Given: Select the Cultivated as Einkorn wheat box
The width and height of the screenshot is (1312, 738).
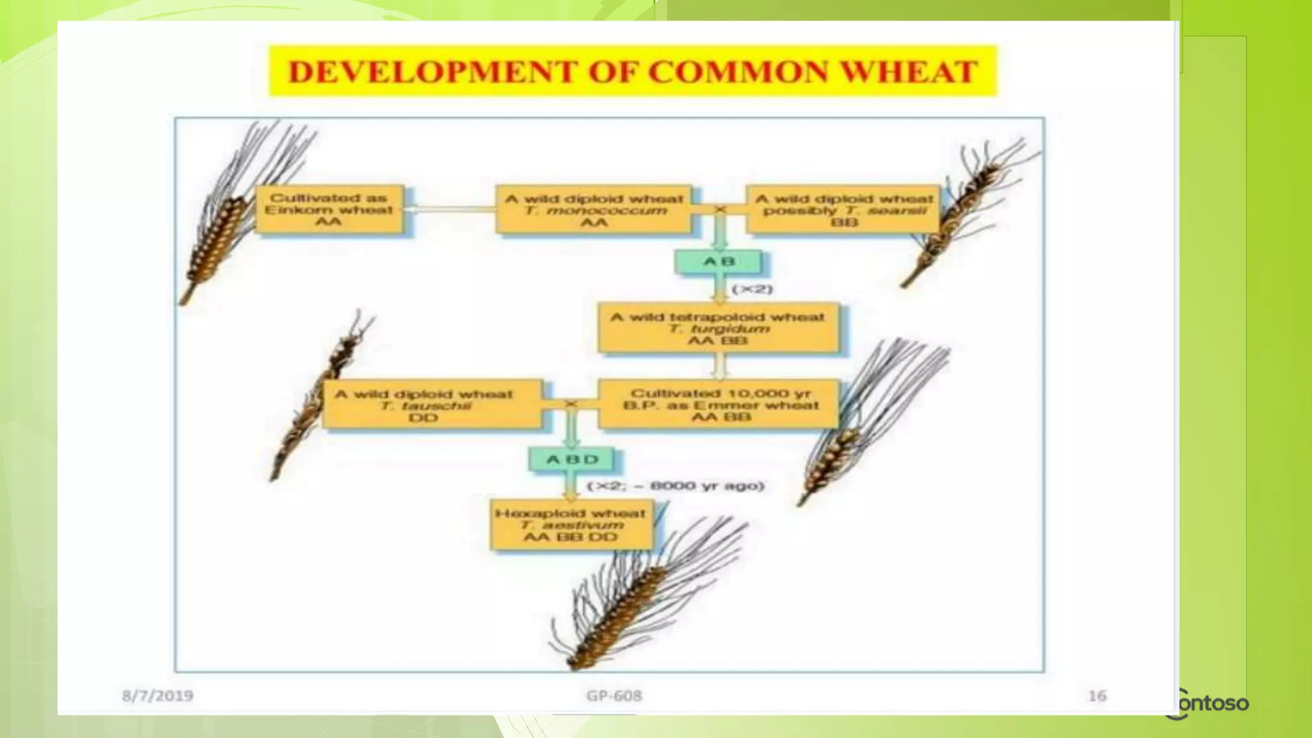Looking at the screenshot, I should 329,209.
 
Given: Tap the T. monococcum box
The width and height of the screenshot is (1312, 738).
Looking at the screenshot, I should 594,209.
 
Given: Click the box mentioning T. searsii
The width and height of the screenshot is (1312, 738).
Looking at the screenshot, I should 843,209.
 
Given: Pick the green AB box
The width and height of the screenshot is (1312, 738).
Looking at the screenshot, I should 719,261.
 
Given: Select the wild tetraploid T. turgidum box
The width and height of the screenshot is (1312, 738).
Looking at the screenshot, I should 718,328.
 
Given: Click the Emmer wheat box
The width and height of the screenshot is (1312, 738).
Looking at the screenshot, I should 718,405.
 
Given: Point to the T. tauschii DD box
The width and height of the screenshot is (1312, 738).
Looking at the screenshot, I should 432,405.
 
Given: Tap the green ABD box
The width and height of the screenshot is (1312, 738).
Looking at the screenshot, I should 571,459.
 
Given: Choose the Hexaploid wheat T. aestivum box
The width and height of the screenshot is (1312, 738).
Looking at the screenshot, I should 571,525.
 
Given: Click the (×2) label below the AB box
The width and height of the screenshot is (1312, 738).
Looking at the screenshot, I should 752,289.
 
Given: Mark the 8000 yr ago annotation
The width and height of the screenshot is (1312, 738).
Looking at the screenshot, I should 676,486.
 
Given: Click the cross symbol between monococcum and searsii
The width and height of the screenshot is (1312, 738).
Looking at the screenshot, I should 720,209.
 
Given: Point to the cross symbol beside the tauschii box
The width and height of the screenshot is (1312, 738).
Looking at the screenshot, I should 571,404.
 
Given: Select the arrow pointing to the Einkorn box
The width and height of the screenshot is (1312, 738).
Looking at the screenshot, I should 448,209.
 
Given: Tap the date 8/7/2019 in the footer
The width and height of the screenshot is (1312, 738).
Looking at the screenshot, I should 158,695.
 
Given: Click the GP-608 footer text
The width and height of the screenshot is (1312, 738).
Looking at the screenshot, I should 614,695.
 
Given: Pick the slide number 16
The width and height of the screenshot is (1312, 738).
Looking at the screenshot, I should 1097,695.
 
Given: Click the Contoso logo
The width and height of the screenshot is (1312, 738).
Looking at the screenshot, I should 1208,703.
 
